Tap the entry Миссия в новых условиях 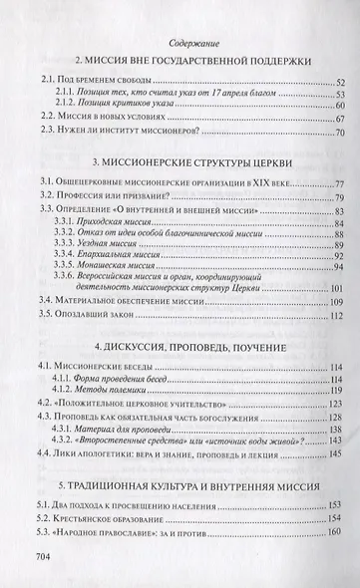(x=107, y=116)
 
